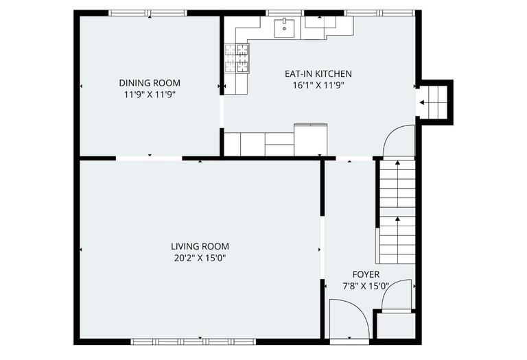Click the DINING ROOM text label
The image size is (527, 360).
tap(150, 83)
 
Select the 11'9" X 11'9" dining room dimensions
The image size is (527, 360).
tap(150, 95)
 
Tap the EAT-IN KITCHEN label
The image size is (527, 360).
tap(318, 74)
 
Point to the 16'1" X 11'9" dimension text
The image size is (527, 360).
tap(318, 86)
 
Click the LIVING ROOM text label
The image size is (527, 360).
tap(200, 246)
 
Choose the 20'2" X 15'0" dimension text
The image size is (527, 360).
tap(200, 258)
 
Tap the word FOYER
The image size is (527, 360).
tap(366, 274)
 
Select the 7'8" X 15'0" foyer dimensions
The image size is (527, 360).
tap(366, 286)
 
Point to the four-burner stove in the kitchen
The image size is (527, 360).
tap(237, 58)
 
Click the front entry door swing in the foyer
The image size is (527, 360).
tap(349, 321)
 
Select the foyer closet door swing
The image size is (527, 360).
tap(397, 296)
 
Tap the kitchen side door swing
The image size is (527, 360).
tap(399, 141)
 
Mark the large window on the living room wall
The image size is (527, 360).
tap(193, 341)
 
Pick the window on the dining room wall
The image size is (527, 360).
tap(148, 13)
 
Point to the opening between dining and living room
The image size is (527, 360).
tap(149, 158)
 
